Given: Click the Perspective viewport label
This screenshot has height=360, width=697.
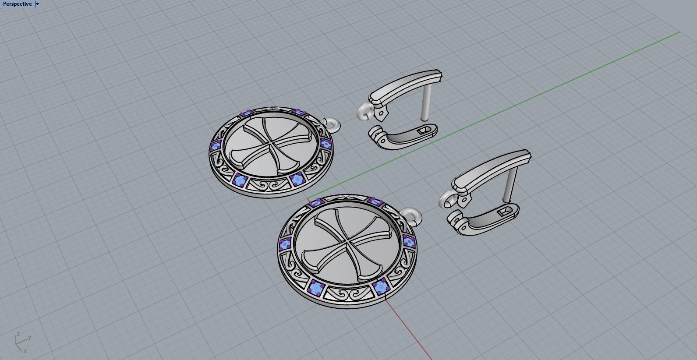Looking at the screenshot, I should [17, 4].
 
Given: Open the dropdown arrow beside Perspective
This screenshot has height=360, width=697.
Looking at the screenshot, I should [38, 4].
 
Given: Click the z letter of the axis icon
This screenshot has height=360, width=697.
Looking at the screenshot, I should [18, 334].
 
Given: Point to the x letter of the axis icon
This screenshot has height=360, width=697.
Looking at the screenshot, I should [25, 351].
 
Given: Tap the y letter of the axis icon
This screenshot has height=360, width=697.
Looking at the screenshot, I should [29, 337].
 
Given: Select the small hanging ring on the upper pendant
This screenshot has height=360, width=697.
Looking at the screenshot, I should [332, 125].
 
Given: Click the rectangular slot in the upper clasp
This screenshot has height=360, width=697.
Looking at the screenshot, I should [423, 130].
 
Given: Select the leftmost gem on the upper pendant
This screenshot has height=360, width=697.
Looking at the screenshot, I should [216, 146].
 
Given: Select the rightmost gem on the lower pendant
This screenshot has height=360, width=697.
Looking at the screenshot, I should [408, 241].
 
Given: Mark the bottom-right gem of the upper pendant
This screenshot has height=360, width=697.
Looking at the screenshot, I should [297, 179].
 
